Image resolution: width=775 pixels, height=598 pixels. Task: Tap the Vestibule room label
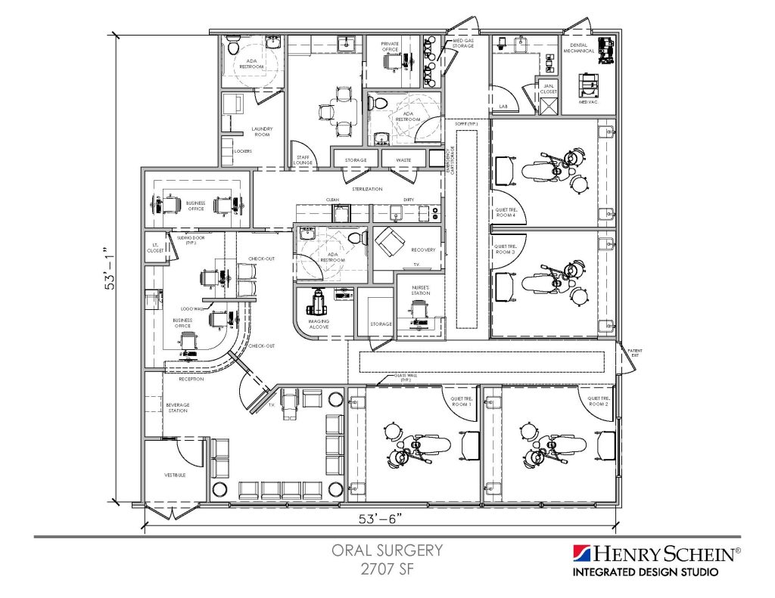pos(175,476)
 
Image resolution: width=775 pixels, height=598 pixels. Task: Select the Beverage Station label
pos(177,407)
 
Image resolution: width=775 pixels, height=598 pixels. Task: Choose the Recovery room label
pos(423,249)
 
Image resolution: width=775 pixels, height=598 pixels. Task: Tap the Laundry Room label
pos(262,132)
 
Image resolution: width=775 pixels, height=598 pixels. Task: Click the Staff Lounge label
pos(303,159)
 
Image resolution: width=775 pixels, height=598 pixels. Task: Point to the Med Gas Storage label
pos(463,43)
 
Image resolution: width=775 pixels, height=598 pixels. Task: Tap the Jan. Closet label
pos(549,89)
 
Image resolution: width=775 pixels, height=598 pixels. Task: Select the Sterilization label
pos(367,188)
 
